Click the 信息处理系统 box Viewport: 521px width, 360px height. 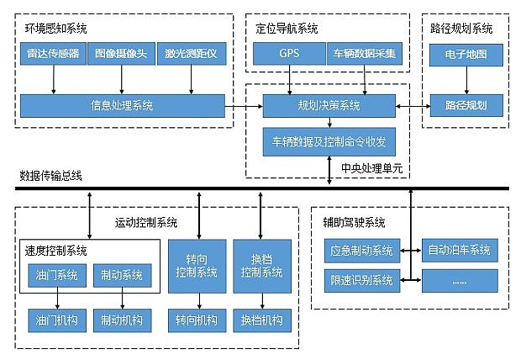(122, 106)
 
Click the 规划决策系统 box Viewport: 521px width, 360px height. (328, 106)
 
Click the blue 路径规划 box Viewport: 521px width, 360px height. (465, 106)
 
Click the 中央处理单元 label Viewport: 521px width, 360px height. (371, 168)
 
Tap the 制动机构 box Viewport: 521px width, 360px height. (122, 320)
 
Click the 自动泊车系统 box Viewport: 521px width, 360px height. (459, 250)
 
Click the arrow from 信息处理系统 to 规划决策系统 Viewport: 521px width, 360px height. (244, 106)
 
